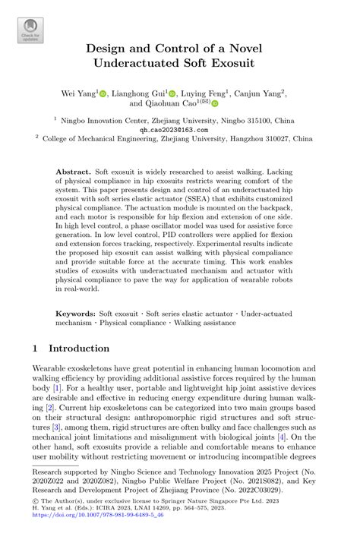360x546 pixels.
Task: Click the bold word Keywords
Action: tap(74, 314)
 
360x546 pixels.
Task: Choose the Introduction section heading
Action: tap(78, 349)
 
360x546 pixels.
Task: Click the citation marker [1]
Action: tap(57, 388)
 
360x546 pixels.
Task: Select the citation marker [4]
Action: tap(281, 437)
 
